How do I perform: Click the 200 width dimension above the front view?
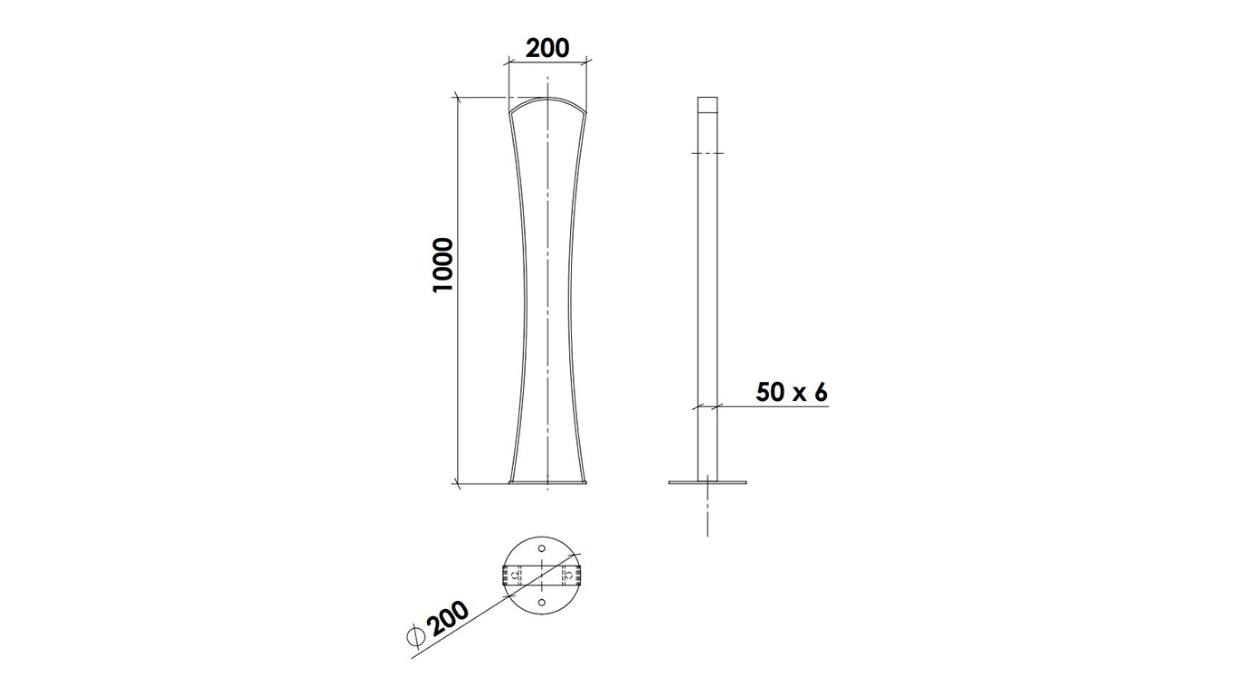click(x=547, y=48)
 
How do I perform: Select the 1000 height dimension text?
click(x=442, y=265)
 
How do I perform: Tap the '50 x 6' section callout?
click(x=792, y=393)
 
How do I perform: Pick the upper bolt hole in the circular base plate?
click(x=542, y=548)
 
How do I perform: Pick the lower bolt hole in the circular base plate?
click(x=542, y=603)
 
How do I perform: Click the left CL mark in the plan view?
click(x=516, y=576)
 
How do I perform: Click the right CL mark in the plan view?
click(x=568, y=576)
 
